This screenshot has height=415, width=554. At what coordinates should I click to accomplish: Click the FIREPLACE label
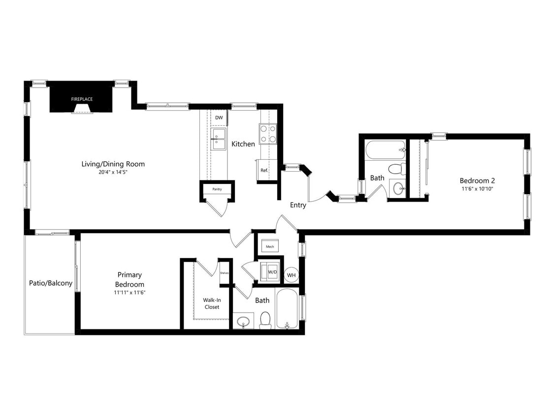(x=82, y=99)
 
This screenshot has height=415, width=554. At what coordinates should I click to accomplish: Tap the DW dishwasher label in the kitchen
(x=219, y=118)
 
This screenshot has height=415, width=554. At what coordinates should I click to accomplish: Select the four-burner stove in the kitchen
(x=268, y=134)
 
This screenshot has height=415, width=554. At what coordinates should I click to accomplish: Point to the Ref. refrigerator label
(x=264, y=171)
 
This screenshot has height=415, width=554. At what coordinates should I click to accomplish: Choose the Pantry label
(x=217, y=189)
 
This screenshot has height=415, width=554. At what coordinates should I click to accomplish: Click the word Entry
(x=298, y=205)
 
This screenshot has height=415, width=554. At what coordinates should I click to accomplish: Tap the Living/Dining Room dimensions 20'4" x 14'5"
(x=113, y=172)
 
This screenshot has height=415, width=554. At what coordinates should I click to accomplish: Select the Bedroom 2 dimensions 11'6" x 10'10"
(x=477, y=189)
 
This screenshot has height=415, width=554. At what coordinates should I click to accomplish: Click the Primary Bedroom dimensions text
(x=130, y=293)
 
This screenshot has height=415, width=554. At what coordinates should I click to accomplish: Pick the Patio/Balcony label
(x=51, y=283)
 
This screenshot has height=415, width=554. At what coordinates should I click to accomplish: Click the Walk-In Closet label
(x=212, y=303)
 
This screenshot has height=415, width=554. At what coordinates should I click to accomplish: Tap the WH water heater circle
(x=291, y=275)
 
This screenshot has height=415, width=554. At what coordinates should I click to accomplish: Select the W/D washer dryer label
(x=272, y=272)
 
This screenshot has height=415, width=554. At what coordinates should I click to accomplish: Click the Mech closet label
(x=270, y=246)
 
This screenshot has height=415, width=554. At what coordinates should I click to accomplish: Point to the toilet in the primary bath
(x=265, y=320)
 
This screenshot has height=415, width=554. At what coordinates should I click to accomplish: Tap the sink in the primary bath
(x=243, y=322)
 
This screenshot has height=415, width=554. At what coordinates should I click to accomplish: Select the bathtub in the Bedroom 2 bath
(x=385, y=150)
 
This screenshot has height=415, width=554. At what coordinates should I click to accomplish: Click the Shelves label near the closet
(x=225, y=273)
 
